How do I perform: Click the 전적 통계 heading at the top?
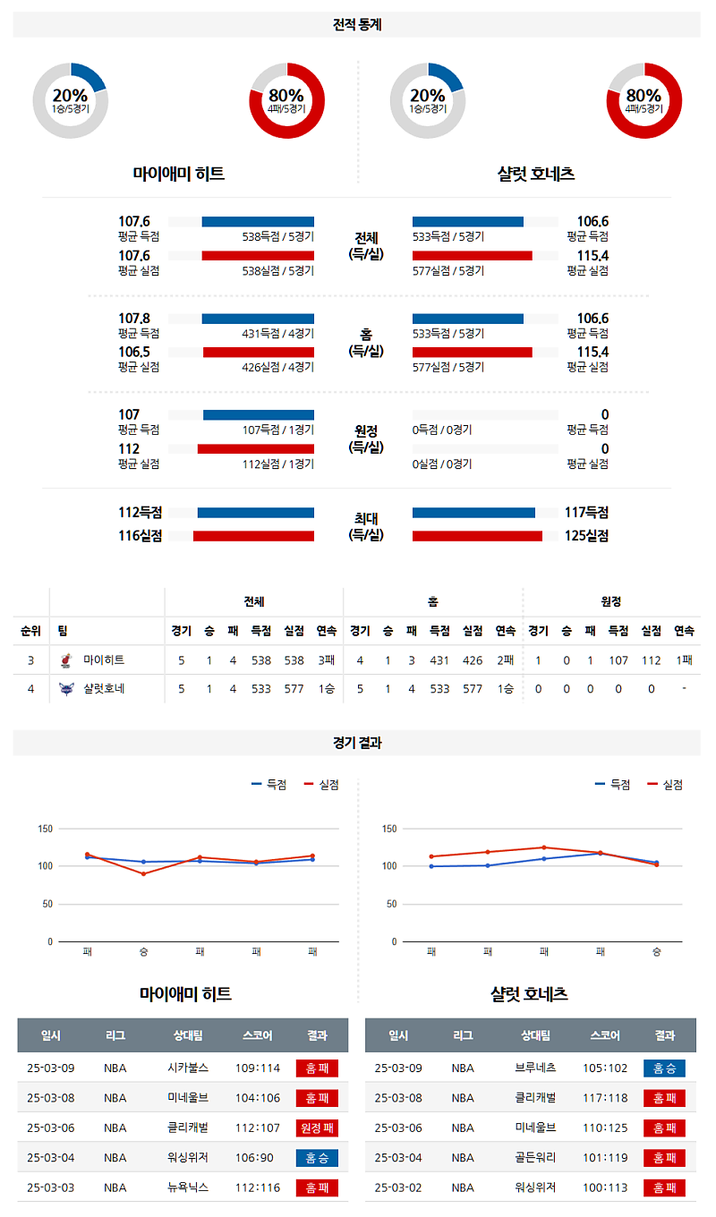(357, 25)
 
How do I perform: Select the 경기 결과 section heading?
(357, 743)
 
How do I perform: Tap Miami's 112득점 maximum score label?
(140, 513)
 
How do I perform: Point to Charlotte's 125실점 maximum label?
(586, 536)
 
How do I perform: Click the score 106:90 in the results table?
(258, 1158)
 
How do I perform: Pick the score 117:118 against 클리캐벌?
(605, 1098)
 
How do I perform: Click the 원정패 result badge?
(317, 1128)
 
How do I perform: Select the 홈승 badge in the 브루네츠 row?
(664, 1068)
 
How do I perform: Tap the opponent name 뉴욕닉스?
(188, 1188)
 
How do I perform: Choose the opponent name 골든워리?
(535, 1158)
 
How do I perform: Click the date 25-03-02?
(398, 1188)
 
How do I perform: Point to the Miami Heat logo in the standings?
(65, 660)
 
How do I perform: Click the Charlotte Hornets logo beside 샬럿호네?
(65, 689)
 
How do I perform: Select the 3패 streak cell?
(326, 660)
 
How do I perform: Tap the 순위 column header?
(30, 631)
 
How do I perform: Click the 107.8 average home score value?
(134, 319)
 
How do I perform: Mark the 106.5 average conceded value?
(134, 353)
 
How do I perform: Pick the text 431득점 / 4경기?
(277, 334)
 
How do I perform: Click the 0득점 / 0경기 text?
(442, 430)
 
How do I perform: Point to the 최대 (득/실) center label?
(365, 526)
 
